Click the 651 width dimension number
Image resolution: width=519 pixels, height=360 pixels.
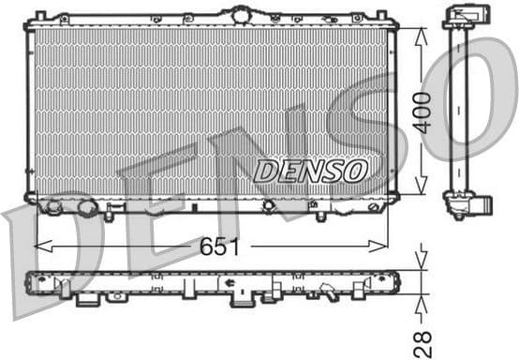[x=219, y=247]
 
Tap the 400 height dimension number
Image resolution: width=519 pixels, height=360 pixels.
[x=423, y=112]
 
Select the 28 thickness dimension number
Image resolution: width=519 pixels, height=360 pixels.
[x=423, y=342]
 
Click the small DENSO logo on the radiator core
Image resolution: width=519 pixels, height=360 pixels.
[x=310, y=171]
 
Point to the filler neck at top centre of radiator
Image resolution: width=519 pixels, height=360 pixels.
[x=242, y=15]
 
